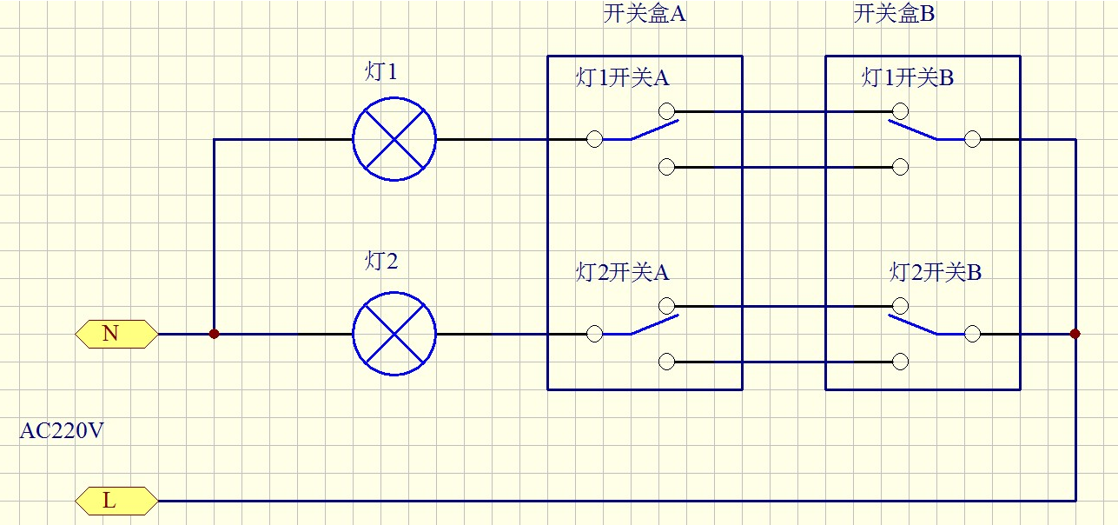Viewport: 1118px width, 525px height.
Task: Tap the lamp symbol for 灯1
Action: (x=394, y=139)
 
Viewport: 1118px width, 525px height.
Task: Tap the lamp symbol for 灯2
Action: (x=394, y=334)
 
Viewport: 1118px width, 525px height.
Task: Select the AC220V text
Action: (x=62, y=430)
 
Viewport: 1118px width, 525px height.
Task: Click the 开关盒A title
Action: (x=645, y=15)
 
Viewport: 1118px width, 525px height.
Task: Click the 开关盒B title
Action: (x=895, y=15)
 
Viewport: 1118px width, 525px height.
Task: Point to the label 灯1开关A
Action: (x=623, y=77)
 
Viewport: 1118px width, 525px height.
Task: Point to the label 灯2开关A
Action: (x=623, y=272)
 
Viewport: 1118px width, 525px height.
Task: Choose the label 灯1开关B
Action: (x=908, y=77)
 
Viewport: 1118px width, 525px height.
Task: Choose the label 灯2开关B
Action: (x=936, y=272)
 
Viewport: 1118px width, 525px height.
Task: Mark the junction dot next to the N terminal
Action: (x=214, y=334)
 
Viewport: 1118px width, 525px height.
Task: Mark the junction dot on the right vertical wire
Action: (x=1075, y=334)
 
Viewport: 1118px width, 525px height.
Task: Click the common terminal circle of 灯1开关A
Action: (x=595, y=139)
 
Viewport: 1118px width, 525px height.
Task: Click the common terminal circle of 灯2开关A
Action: (x=595, y=334)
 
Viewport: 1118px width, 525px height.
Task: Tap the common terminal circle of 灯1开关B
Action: (x=972, y=139)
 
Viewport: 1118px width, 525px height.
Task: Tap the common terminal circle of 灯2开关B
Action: (x=972, y=334)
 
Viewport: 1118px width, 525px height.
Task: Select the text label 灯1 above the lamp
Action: (x=380, y=71)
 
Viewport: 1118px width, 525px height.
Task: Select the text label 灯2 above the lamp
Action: (x=380, y=261)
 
